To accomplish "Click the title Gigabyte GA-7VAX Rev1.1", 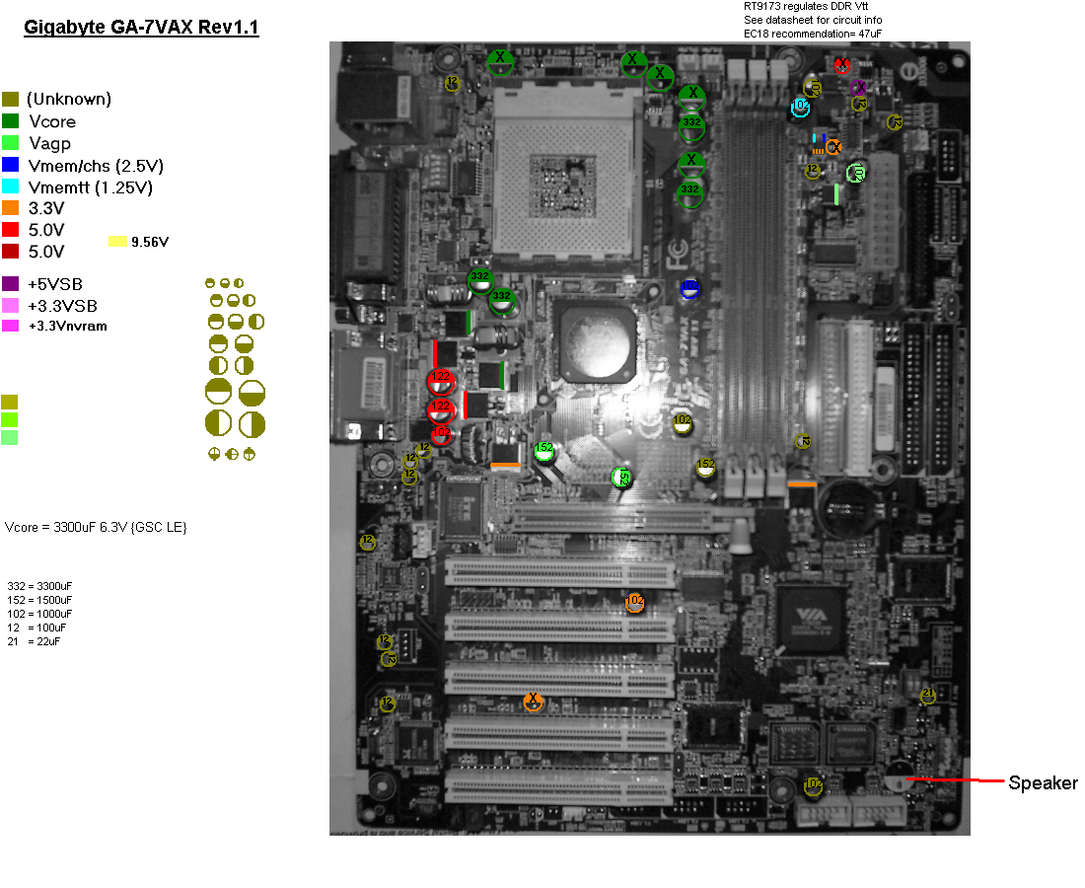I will pyautogui.click(x=141, y=28).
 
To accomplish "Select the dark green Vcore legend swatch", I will pyautogui.click(x=11, y=121).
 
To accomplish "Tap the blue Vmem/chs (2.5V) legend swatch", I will pyautogui.click(x=11, y=165).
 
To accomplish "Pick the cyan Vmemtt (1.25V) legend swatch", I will pyautogui.click(x=11, y=186).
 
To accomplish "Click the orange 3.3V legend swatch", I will pyautogui.click(x=11, y=208).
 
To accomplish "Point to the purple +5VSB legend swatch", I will pyautogui.click(x=11, y=284).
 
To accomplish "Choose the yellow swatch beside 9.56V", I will pyautogui.click(x=117, y=241).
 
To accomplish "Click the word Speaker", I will pyautogui.click(x=1043, y=783).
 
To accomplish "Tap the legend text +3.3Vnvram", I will pyautogui.click(x=68, y=326).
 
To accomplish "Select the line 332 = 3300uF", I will pyautogui.click(x=39, y=586).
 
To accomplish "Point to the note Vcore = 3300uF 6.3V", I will pyautogui.click(x=96, y=528).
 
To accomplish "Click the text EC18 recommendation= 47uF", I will pyautogui.click(x=813, y=34).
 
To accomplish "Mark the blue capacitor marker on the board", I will pyautogui.click(x=690, y=288).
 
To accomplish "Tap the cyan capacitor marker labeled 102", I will pyautogui.click(x=801, y=106).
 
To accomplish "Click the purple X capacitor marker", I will pyautogui.click(x=858, y=87).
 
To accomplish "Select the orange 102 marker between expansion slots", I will pyautogui.click(x=634, y=601).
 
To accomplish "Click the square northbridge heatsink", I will pyautogui.click(x=595, y=341).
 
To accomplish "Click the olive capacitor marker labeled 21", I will pyautogui.click(x=927, y=696).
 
